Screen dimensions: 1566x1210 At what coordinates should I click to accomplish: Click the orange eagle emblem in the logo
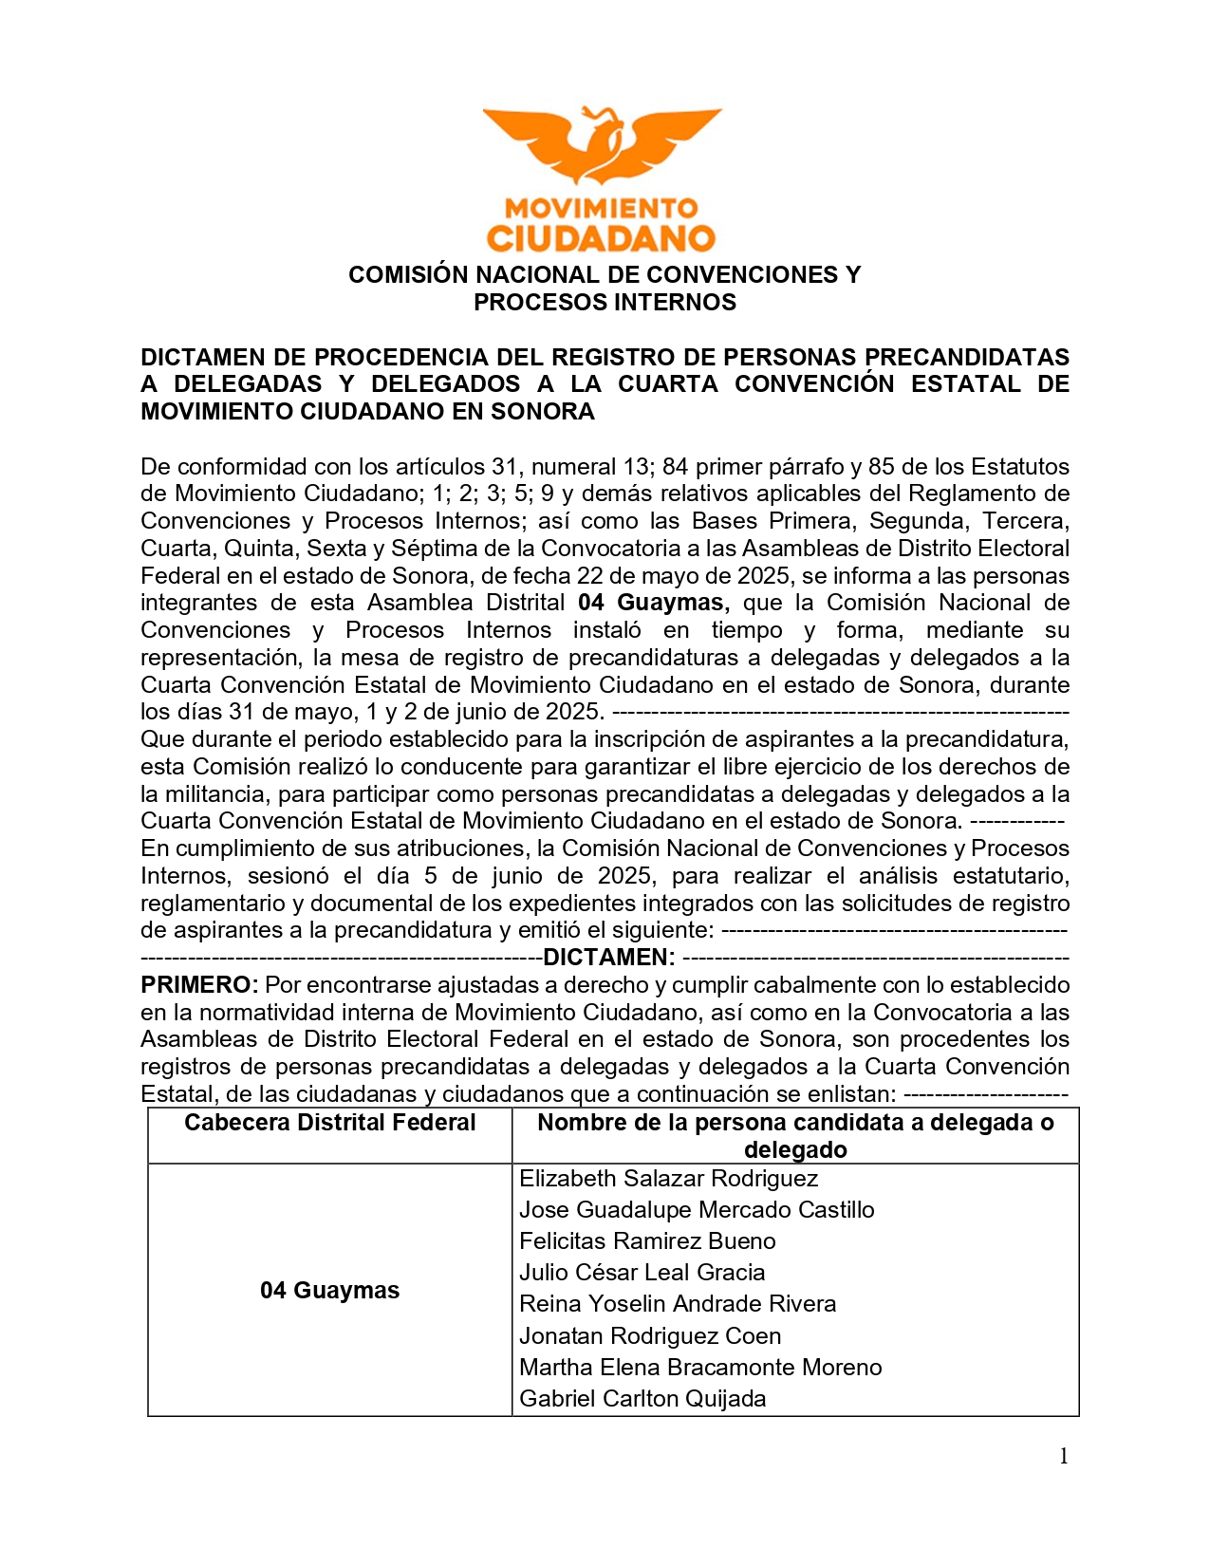point(602,144)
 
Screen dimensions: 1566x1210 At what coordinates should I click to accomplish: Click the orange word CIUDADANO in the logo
point(601,237)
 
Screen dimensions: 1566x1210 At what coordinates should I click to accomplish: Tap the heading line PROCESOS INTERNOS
point(605,303)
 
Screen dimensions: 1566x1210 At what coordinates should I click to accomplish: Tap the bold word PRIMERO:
point(199,984)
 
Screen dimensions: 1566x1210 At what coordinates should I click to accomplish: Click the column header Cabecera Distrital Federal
point(329,1123)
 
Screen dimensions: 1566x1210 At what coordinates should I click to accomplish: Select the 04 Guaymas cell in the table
point(329,1291)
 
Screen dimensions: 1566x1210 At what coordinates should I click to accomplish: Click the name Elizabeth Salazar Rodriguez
point(668,1179)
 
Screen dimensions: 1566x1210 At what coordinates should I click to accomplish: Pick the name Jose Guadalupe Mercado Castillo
point(697,1210)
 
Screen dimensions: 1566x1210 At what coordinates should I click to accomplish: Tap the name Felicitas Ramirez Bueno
point(647,1241)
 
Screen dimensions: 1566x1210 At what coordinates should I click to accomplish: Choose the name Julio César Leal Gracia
point(642,1273)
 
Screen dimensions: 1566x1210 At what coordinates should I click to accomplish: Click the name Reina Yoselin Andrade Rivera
point(678,1304)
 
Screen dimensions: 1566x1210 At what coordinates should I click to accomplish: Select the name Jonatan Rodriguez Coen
point(650,1336)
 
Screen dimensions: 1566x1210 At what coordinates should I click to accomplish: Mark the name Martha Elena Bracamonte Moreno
point(700,1368)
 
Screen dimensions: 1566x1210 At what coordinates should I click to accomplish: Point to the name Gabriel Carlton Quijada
point(642,1399)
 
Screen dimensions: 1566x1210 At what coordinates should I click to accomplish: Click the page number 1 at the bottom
point(1064,1457)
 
